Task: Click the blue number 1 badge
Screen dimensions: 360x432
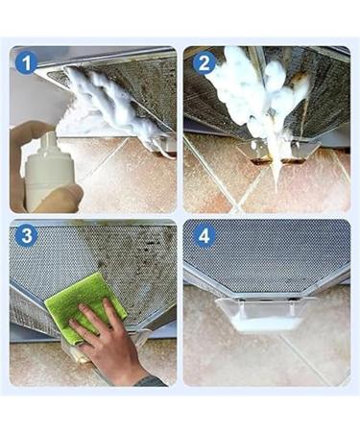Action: (x=26, y=63)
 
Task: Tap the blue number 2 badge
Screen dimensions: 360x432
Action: (x=204, y=63)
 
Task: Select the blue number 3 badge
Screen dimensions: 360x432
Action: (x=27, y=236)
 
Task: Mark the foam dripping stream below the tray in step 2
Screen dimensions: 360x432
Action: (x=275, y=171)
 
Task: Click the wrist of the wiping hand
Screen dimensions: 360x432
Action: (x=141, y=374)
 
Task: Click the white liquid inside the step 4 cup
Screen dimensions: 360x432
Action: (x=267, y=324)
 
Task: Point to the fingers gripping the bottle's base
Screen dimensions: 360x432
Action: (x=60, y=200)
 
